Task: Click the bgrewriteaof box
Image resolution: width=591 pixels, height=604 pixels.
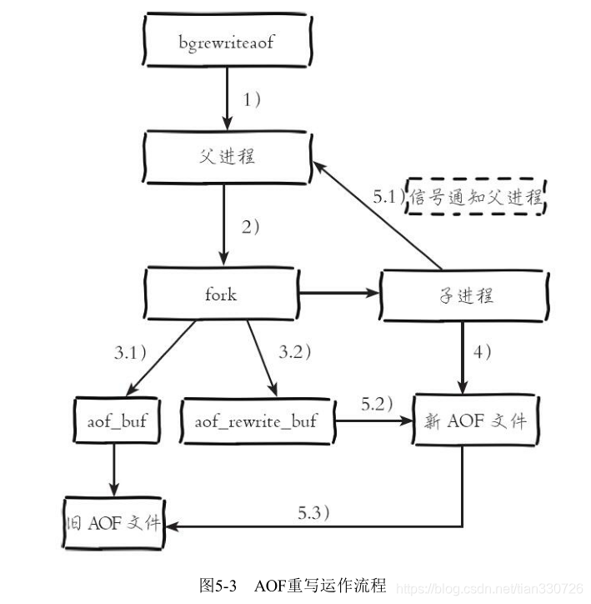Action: coord(226,40)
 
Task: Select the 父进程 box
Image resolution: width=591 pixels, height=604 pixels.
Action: coord(227,155)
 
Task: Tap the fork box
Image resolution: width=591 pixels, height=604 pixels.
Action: coord(220,294)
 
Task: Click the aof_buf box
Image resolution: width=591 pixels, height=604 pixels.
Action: coord(116,421)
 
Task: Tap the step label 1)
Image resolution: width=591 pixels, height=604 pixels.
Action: coord(253,98)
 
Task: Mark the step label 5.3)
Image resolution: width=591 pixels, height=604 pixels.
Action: coord(313,512)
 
